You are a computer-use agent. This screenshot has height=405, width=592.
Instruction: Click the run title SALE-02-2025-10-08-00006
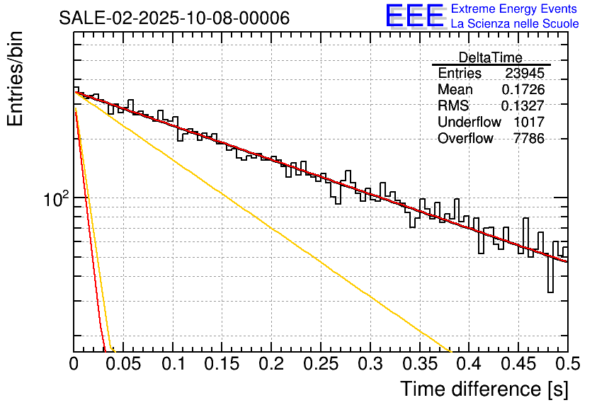tap(174, 18)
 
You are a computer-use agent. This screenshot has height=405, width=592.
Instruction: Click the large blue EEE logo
tap(414, 16)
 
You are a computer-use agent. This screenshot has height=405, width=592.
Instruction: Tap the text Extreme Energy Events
tap(514, 9)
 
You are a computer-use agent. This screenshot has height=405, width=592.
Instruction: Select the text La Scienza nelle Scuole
tap(514, 23)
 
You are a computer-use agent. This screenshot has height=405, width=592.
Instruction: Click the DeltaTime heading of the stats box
tap(490, 57)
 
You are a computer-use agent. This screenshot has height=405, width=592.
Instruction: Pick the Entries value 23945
tap(525, 74)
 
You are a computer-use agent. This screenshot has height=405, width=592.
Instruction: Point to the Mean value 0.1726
tap(523, 90)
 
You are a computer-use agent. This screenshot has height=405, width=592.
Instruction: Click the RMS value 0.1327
tap(523, 106)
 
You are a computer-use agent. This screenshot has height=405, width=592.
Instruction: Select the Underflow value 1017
tap(529, 122)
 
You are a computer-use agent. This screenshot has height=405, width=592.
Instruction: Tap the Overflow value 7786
tap(529, 139)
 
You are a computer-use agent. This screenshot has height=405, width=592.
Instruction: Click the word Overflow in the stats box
tap(465, 139)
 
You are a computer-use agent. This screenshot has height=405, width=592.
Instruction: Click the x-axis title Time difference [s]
tap(484, 389)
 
